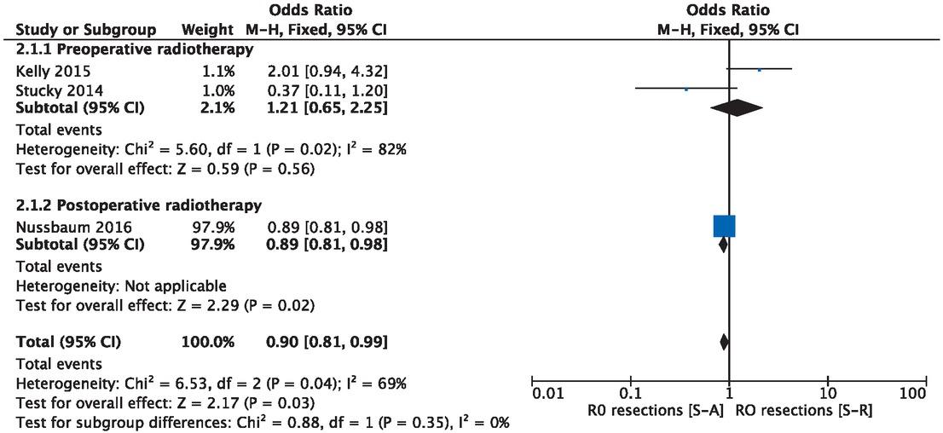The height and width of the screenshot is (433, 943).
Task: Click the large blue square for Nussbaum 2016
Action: pos(724,226)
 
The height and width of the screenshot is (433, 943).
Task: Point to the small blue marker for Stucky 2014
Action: pos(686,88)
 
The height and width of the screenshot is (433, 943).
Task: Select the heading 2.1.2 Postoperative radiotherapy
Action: pos(138,205)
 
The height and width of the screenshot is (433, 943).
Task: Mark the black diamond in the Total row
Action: pos(724,342)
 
